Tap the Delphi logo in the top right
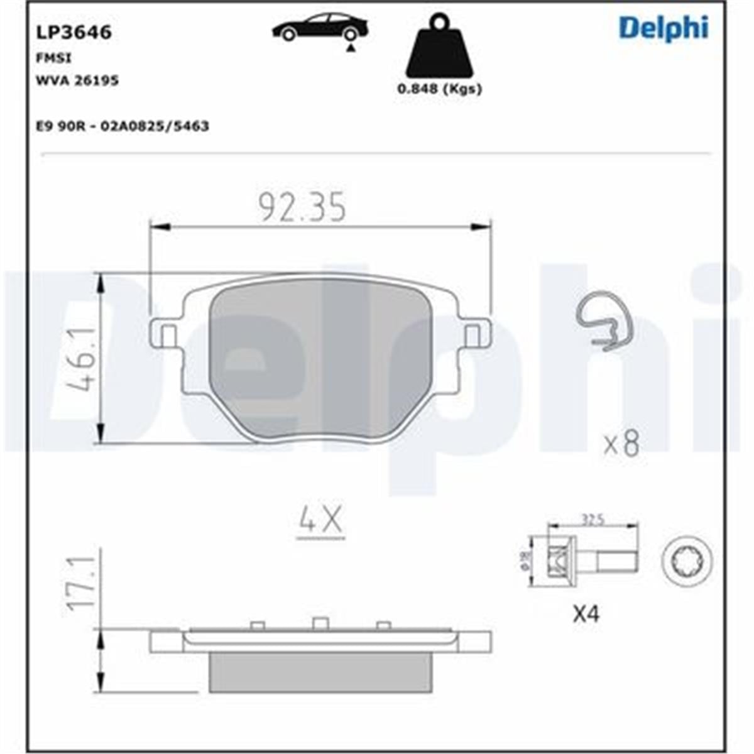point(664,28)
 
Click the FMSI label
point(55,58)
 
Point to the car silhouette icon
point(319,28)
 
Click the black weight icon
point(439,48)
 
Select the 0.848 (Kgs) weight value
point(439,89)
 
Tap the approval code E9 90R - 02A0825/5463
point(123,126)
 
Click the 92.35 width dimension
point(303,208)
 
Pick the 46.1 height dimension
point(80,359)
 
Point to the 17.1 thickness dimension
point(82,581)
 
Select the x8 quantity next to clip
point(621,444)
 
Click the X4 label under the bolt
point(586,613)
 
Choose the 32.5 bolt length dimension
point(593,520)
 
